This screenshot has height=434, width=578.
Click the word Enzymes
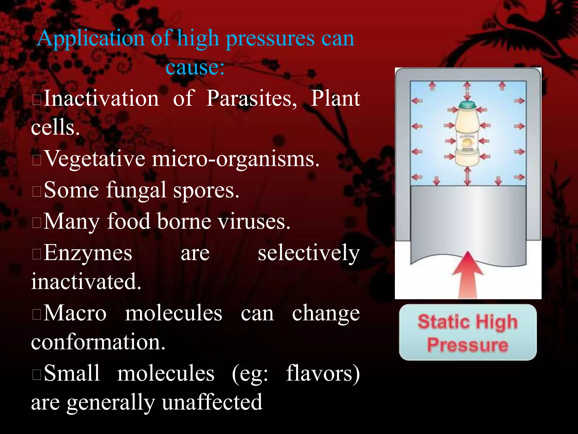pyautogui.click(x=88, y=253)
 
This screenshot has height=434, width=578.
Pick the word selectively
pyautogui.click(x=309, y=253)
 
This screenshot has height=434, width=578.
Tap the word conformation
pyautogui.click(x=98, y=342)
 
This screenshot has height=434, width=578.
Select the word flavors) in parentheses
pyautogui.click(x=323, y=374)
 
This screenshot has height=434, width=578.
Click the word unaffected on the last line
pyautogui.click(x=212, y=402)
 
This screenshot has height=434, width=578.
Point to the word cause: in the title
pyautogui.click(x=195, y=68)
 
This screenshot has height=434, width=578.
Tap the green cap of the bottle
pyautogui.click(x=468, y=105)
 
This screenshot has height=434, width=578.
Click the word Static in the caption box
pyautogui.click(x=442, y=322)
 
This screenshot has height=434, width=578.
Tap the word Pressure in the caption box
pyautogui.click(x=468, y=345)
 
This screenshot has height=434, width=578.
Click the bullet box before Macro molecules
pyautogui.click(x=37, y=314)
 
